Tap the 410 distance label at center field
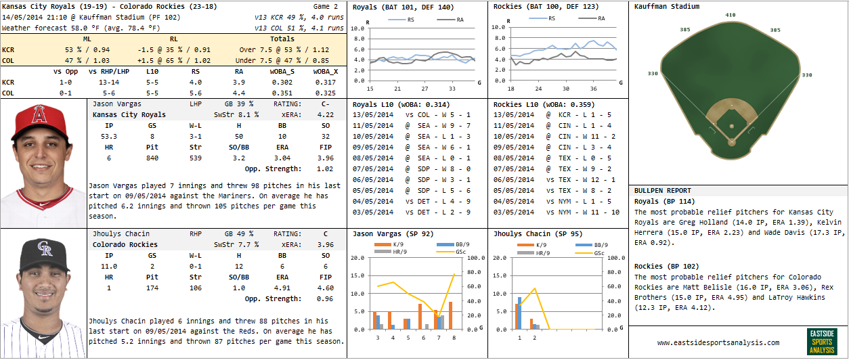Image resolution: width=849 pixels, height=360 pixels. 730,14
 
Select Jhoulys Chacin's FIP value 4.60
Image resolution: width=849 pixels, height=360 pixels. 326,288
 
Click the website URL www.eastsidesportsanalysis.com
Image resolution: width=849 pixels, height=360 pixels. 718,342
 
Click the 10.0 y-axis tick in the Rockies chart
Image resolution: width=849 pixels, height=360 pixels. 498,28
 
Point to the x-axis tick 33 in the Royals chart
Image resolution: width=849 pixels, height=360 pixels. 453,89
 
